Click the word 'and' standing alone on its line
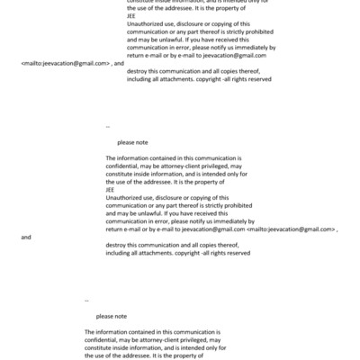click(x=25, y=238)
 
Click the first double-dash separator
click(x=108, y=126)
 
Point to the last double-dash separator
click(x=86, y=300)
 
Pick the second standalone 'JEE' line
click(x=111, y=190)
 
